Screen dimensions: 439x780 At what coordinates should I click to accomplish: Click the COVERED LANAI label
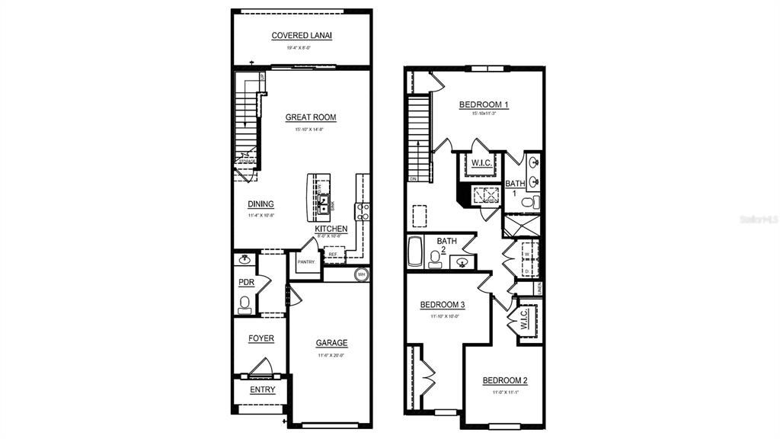click(x=302, y=36)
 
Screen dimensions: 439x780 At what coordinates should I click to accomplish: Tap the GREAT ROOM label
click(x=311, y=117)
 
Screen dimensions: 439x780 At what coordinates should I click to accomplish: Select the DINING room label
click(x=261, y=204)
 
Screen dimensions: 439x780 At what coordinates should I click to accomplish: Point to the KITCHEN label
click(x=331, y=229)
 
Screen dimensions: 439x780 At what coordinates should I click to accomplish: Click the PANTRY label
click(x=306, y=262)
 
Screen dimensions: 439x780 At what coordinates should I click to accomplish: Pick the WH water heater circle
click(x=362, y=274)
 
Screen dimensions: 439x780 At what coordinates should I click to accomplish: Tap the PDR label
click(x=246, y=282)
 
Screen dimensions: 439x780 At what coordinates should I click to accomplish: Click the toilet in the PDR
click(x=245, y=305)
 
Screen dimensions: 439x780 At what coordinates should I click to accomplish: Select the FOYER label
click(x=261, y=338)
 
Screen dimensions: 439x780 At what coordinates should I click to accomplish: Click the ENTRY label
click(x=263, y=390)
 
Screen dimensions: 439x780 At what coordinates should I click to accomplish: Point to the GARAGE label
click(x=332, y=343)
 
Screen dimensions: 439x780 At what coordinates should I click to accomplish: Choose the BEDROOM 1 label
click(x=484, y=104)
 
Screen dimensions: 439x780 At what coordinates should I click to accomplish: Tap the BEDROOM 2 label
click(x=505, y=380)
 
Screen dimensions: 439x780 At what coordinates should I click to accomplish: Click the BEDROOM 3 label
click(x=443, y=305)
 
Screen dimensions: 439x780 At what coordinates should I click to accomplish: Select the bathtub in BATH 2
click(x=414, y=252)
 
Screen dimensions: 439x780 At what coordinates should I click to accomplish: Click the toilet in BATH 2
click(x=436, y=261)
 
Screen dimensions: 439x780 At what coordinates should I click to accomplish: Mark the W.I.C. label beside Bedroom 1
click(x=481, y=162)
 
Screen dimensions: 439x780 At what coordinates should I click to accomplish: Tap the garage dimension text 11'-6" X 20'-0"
click(x=331, y=355)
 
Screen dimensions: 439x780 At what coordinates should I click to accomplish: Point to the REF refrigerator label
click(x=333, y=255)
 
